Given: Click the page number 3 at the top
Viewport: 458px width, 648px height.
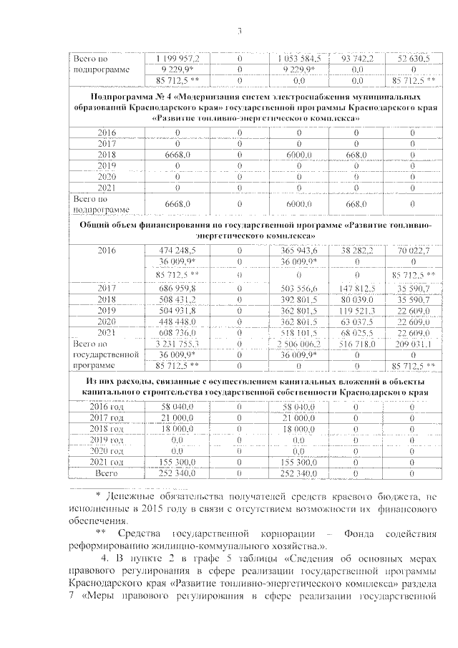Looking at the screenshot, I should pos(240,31).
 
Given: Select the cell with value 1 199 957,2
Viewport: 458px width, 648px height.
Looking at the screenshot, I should pos(182,58).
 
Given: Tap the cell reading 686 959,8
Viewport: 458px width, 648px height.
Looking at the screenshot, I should pos(182,288).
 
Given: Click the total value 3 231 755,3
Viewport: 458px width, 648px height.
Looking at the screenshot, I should pos(182,344).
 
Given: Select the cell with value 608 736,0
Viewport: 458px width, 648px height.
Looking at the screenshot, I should pos(182,333).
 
